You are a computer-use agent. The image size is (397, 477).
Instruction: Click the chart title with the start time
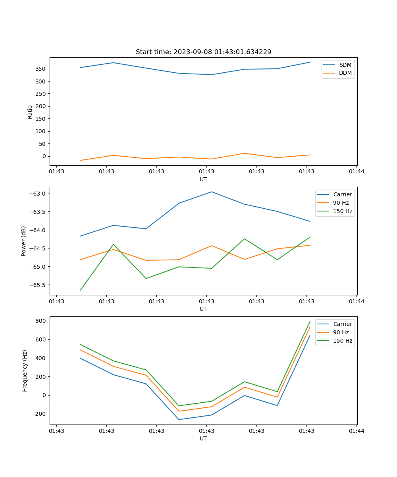point(203,52)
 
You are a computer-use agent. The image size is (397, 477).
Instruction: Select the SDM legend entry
point(345,65)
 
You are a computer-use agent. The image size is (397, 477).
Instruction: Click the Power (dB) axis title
point(24,241)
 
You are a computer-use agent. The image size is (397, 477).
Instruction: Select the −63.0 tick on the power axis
point(38,194)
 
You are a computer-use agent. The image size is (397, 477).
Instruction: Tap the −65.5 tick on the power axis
point(38,285)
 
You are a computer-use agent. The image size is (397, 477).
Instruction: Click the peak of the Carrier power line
point(212,192)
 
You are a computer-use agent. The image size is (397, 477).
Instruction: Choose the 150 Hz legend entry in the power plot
point(343,211)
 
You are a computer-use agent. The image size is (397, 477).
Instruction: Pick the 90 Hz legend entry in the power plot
point(341,203)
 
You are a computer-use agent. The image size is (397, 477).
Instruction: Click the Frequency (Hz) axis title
point(25,370)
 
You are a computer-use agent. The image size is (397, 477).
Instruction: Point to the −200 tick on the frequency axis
point(39,414)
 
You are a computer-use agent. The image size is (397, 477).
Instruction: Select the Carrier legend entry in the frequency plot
point(342,324)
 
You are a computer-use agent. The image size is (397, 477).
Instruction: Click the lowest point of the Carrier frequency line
point(179,420)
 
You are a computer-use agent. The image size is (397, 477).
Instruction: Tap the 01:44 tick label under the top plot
point(357,172)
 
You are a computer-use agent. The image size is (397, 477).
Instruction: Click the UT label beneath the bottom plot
point(203,438)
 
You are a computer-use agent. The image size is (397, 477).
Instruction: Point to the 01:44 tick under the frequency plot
point(357,431)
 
